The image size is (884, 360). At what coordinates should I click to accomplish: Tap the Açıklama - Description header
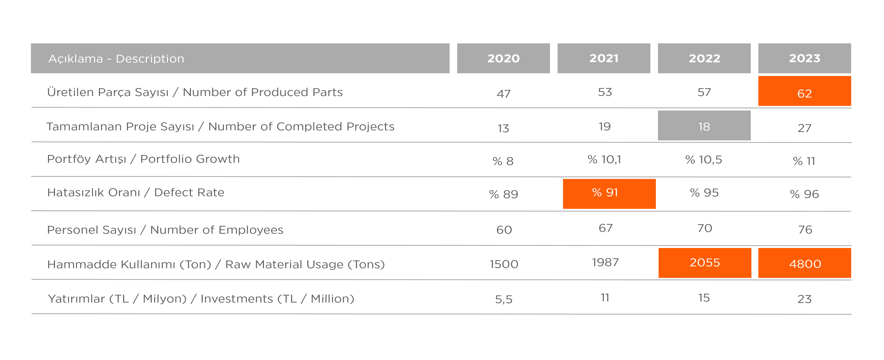point(240,58)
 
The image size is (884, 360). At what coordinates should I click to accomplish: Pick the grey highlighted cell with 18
point(704,126)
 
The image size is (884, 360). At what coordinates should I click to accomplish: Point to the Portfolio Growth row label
point(143,159)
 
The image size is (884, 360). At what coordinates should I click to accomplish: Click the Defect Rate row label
point(136,192)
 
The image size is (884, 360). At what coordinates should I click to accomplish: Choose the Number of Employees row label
point(165,230)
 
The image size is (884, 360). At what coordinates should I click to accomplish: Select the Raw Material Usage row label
point(216,264)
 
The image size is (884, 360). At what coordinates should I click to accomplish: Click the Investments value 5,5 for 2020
point(503,299)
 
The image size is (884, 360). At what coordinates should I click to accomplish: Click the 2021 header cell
point(604,58)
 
